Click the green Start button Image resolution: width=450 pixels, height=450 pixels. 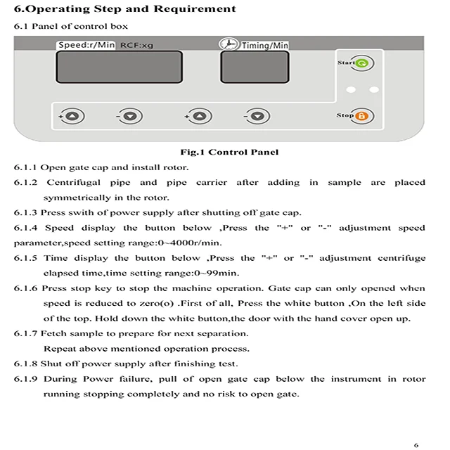tap(364, 64)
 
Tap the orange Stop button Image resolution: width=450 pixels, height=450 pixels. tap(364, 117)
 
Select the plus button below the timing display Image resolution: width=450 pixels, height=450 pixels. tap(198, 116)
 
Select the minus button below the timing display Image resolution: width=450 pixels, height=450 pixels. tap(257, 116)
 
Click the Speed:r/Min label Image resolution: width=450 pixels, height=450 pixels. tap(86, 45)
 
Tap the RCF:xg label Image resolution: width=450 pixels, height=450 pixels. tap(136, 45)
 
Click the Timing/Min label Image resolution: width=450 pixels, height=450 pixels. tap(265, 45)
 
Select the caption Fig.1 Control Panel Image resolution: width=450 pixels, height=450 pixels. tap(229, 152)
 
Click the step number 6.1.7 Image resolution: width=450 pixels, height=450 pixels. tap(25, 333)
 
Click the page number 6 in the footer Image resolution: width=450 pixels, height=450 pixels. tap(416, 444)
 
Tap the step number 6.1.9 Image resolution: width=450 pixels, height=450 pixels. tap(25, 379)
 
